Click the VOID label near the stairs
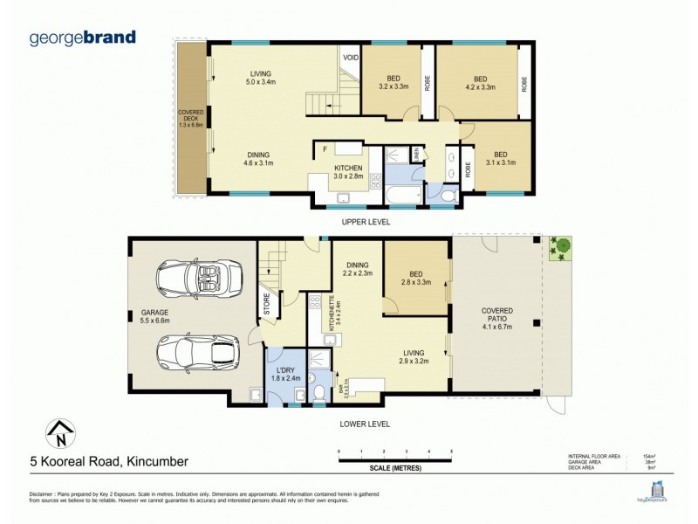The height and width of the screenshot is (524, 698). [351, 58]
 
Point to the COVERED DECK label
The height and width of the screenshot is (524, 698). [190, 118]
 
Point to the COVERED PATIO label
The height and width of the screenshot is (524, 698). [496, 318]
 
